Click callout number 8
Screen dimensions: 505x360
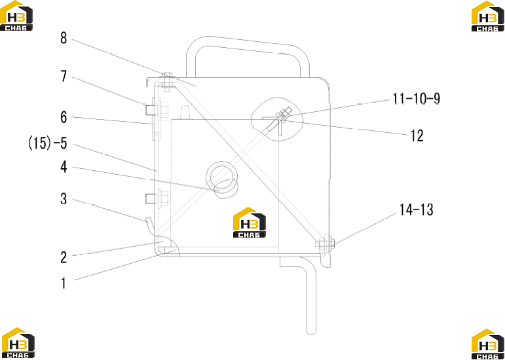click(x=64, y=38)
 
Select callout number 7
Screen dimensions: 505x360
click(x=64, y=77)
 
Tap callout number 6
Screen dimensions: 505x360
click(x=64, y=117)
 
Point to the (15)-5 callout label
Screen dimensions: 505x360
click(x=48, y=143)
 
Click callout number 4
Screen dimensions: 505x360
click(x=64, y=167)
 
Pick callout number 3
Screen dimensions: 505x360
click(x=64, y=199)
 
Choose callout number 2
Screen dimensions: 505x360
click(x=64, y=257)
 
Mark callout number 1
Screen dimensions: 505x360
click(x=64, y=283)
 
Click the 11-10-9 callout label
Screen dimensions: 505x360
click(x=416, y=99)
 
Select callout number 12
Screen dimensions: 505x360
click(x=417, y=136)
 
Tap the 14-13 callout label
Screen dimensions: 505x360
click(x=416, y=210)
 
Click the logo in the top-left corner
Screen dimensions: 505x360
click(x=16, y=16)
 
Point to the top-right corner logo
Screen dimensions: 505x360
click(x=488, y=16)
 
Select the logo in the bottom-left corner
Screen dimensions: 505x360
click(x=18, y=343)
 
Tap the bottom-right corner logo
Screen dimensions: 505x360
click(x=488, y=344)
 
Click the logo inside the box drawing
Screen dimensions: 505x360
click(x=250, y=223)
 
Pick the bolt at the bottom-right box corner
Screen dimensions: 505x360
click(x=326, y=243)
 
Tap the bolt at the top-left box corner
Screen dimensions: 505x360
click(x=167, y=82)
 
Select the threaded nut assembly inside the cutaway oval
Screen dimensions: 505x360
click(x=283, y=115)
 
